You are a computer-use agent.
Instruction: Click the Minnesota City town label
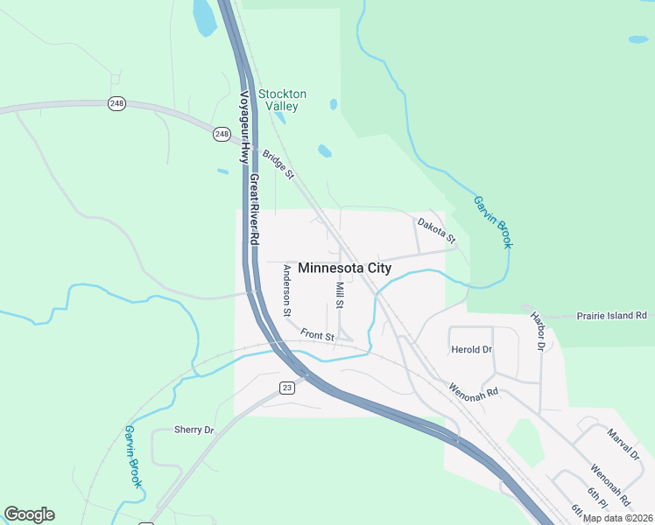click(344, 269)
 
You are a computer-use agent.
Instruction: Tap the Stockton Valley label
click(282, 100)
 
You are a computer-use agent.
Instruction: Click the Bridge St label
click(277, 165)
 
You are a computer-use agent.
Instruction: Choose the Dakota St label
click(436, 231)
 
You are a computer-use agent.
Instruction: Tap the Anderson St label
click(285, 290)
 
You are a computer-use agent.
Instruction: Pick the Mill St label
click(340, 295)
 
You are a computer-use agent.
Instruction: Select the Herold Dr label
click(471, 350)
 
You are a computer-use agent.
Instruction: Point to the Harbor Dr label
click(537, 331)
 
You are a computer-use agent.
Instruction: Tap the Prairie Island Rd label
click(611, 315)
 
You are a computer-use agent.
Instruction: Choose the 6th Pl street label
click(596, 498)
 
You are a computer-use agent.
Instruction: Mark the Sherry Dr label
click(194, 430)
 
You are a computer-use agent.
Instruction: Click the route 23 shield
click(286, 387)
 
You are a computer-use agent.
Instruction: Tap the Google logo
click(29, 514)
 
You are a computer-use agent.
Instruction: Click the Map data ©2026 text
click(616, 518)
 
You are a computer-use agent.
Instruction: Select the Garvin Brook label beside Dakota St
click(492, 220)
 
